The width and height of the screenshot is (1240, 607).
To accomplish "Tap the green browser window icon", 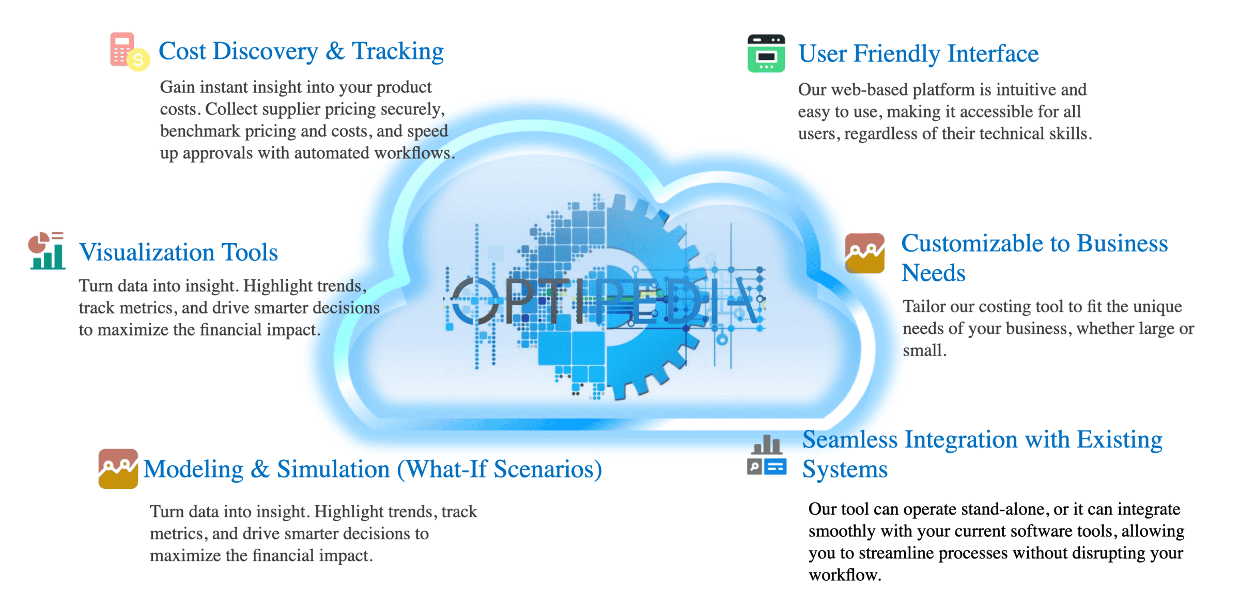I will pos(766,53).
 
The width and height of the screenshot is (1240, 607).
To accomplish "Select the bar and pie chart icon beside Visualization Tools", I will pos(47,251).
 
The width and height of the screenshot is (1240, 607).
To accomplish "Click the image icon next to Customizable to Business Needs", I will pos(864,253).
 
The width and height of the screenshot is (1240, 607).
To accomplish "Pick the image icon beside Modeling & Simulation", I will pos(118,469).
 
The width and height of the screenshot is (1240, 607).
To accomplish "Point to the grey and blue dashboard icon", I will pos(766,456).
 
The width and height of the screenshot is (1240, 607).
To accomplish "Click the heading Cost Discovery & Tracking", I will pos(301,51).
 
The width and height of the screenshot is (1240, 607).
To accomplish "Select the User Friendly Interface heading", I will pos(918,54).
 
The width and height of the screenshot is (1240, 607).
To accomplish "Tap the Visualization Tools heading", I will pos(178,252).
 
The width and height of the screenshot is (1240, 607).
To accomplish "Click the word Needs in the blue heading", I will pos(933,273).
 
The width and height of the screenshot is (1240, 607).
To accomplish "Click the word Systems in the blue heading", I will pos(845,469).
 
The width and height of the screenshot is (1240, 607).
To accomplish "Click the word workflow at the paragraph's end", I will pos(844,575).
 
